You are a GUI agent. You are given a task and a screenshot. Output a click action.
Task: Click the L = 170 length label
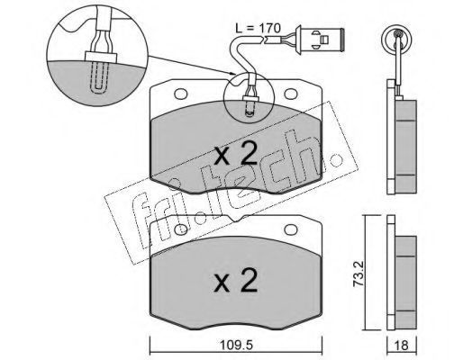pos(258,29)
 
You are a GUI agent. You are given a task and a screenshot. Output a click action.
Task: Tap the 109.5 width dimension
pos(237,345)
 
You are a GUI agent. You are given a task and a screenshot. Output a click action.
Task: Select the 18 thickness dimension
pos(402,346)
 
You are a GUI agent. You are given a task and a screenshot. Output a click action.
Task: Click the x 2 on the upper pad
pos(236,153)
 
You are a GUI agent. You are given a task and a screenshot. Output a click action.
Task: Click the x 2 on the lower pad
pos(236,281)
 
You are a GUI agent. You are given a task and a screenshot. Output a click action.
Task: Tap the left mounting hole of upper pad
pos(181,94)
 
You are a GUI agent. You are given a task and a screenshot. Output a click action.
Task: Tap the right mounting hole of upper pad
pos(291,94)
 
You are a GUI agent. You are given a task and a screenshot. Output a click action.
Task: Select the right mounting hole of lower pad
pos(291,229)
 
